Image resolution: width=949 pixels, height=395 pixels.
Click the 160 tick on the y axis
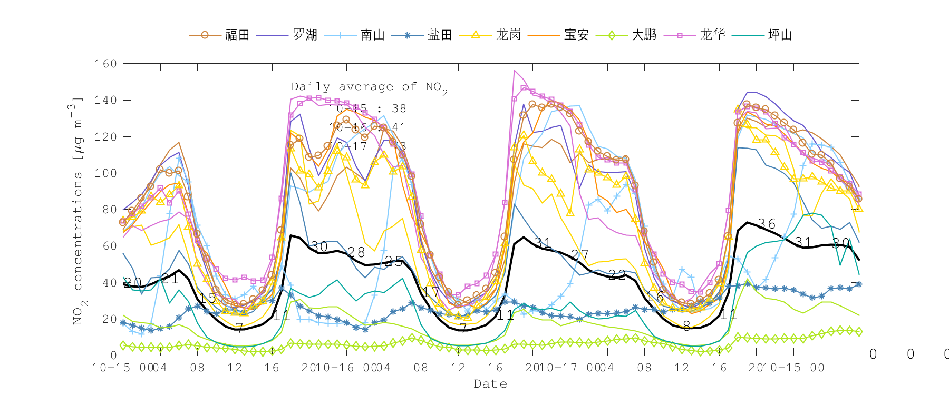105,64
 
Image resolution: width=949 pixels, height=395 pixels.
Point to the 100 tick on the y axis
105,173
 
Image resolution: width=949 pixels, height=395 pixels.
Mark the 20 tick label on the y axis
109,319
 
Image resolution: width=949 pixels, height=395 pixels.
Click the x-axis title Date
490,384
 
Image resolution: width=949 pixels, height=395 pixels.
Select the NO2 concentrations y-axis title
78,211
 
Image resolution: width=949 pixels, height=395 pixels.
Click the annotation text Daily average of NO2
369,87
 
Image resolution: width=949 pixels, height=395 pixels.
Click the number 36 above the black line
767,224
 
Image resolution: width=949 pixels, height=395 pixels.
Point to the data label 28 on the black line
356,253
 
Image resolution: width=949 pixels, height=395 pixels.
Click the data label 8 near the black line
686,327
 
